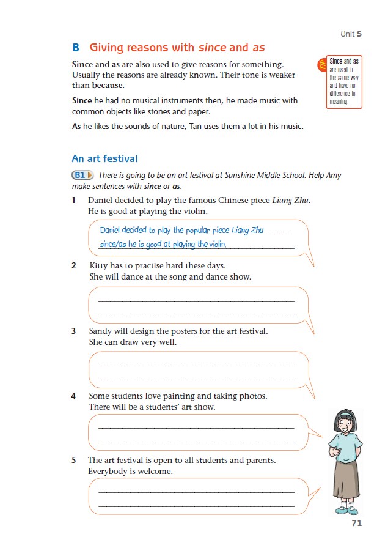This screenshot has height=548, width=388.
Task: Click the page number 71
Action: pos(357,523)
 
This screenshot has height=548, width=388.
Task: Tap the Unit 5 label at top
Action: pos(351,34)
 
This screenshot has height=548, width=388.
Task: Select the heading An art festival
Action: pos(104,159)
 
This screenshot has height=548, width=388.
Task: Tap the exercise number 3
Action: pos(74,331)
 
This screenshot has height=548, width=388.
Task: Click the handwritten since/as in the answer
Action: pos(113,245)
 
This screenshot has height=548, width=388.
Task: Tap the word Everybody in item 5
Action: pos(109,472)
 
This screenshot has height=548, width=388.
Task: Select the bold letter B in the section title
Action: pos(76,47)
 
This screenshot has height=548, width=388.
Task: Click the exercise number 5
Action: pos(74,460)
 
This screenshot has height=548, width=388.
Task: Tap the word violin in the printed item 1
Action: pos(196,212)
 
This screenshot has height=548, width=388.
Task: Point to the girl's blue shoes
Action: pos(346,509)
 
